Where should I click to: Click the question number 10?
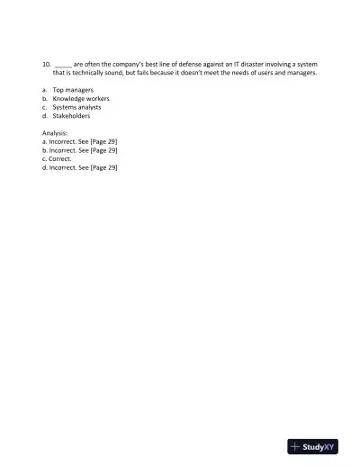coord(46,65)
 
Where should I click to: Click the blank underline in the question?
coord(63,66)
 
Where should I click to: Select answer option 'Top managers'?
coord(73,90)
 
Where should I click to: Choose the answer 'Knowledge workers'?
coord(81,98)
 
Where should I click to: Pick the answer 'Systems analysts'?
coord(79,107)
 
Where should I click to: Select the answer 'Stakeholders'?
coord(71,115)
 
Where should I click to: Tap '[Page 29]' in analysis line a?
coord(102,141)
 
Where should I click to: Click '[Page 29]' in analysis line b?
coord(102,150)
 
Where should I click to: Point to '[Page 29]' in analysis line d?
coord(102,167)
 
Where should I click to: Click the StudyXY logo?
coord(312,445)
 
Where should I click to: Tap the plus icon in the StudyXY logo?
coord(295,445)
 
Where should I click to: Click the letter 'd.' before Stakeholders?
coord(45,115)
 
